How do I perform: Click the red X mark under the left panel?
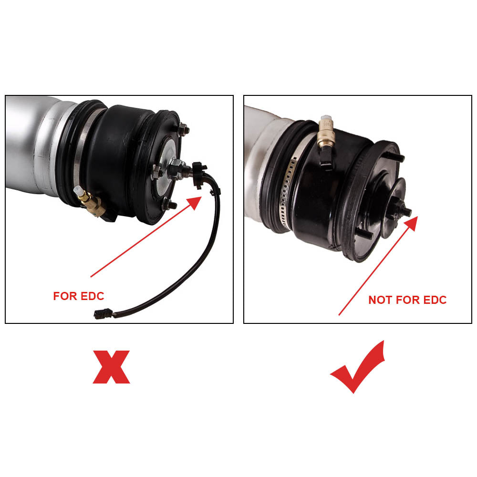(111, 367)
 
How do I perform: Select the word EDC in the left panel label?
(92, 296)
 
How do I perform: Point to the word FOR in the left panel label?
(65, 296)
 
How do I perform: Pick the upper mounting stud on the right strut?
(397, 157)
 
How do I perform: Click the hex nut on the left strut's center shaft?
(174, 168)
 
